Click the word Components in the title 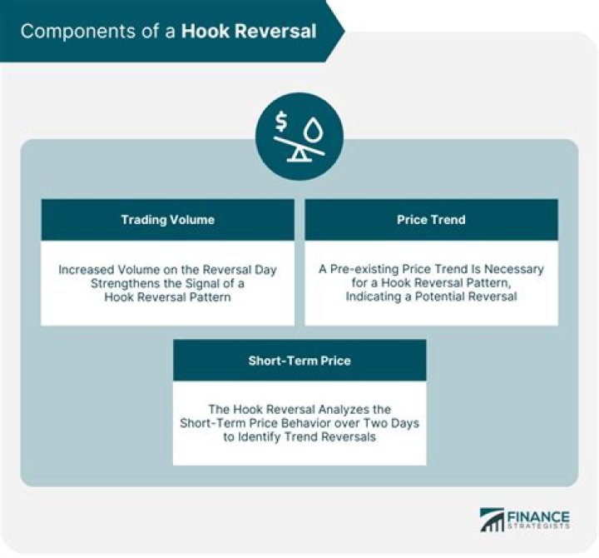[x=78, y=32]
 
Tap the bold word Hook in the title [x=205, y=31]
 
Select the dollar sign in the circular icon [x=281, y=122]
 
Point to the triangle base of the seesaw [x=299, y=154]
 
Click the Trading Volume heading [x=168, y=220]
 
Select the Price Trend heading [x=431, y=220]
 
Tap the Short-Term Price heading [x=299, y=361]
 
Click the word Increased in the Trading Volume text [x=87, y=270]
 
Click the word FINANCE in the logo [x=538, y=516]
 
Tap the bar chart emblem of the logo [x=492, y=520]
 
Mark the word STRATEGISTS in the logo [x=538, y=526]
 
